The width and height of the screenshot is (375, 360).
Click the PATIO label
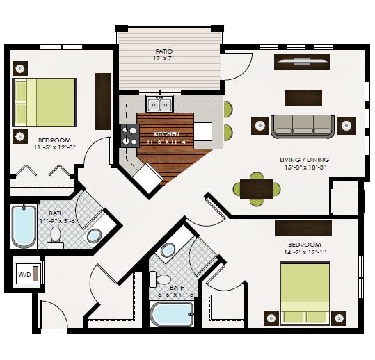tap(164, 51)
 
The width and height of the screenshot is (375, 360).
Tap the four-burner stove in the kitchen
tap(129, 135)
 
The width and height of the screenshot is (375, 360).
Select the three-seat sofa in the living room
tap(302, 124)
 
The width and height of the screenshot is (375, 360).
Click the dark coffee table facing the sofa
tap(304, 97)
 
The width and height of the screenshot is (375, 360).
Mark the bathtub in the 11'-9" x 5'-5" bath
tap(24, 226)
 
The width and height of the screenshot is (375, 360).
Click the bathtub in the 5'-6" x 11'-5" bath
tap(171, 314)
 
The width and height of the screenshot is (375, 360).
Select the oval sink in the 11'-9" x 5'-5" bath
tap(93, 235)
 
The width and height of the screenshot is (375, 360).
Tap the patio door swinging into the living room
tap(235, 67)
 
